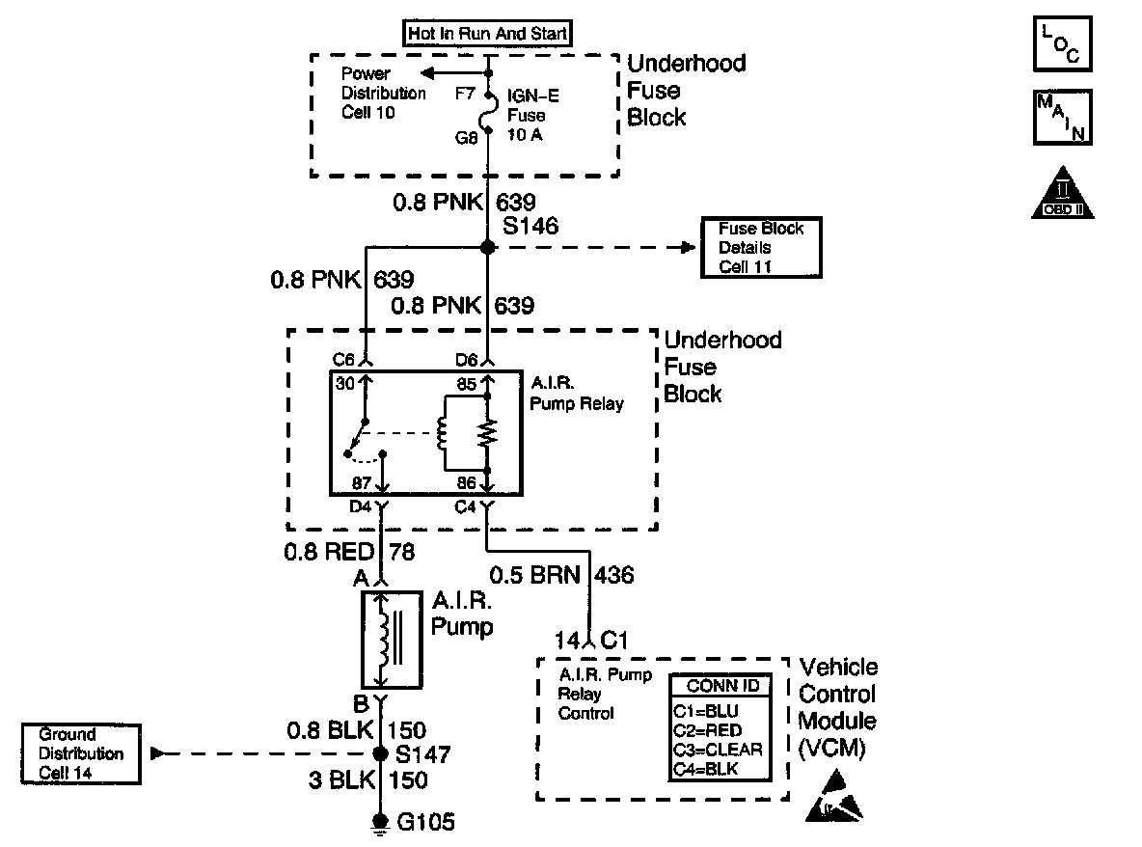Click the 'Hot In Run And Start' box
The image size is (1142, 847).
[x=488, y=33]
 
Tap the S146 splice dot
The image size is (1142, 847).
[x=488, y=248]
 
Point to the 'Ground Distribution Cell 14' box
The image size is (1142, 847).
[x=82, y=753]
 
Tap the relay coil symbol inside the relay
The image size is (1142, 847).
[x=445, y=433]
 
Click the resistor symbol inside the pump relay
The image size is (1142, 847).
[x=488, y=433]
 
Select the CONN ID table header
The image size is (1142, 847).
[x=721, y=686]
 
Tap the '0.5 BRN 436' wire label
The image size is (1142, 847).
[x=561, y=575]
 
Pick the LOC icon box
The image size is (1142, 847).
[x=1062, y=44]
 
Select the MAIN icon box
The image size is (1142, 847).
[x=1062, y=118]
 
